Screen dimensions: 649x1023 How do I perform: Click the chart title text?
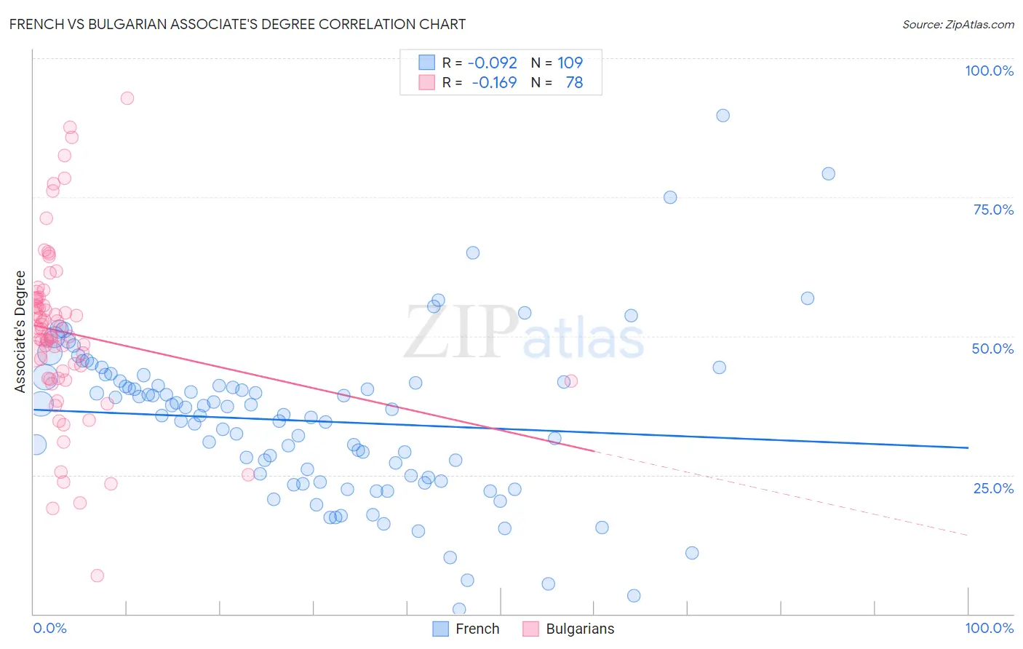[x=237, y=24]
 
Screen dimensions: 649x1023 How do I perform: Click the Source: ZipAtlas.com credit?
[x=958, y=24]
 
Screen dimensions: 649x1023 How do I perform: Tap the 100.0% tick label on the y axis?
[x=989, y=71]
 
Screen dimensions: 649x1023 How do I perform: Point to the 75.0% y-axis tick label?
[x=993, y=210]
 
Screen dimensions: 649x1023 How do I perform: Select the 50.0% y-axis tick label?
[x=992, y=349]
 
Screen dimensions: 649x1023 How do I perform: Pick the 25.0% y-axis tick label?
[x=993, y=488]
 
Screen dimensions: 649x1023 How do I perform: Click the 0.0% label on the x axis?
[x=49, y=628]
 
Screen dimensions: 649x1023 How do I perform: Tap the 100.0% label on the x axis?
[x=989, y=628]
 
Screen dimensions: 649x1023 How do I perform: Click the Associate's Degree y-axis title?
[x=20, y=331]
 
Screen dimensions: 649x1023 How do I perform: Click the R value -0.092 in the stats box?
[x=492, y=63]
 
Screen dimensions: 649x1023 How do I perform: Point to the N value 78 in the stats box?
[x=574, y=83]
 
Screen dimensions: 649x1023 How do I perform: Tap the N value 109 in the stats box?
[x=570, y=63]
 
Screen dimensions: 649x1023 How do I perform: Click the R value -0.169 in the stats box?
[x=494, y=83]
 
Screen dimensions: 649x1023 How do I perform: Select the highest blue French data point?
[x=723, y=116]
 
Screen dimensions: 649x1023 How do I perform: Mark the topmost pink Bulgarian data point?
[x=127, y=98]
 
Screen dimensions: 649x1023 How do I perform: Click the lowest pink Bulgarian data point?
[x=97, y=576]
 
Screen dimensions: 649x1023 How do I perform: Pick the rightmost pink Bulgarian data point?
[x=571, y=381]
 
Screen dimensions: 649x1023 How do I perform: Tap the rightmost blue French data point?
[x=828, y=174]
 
